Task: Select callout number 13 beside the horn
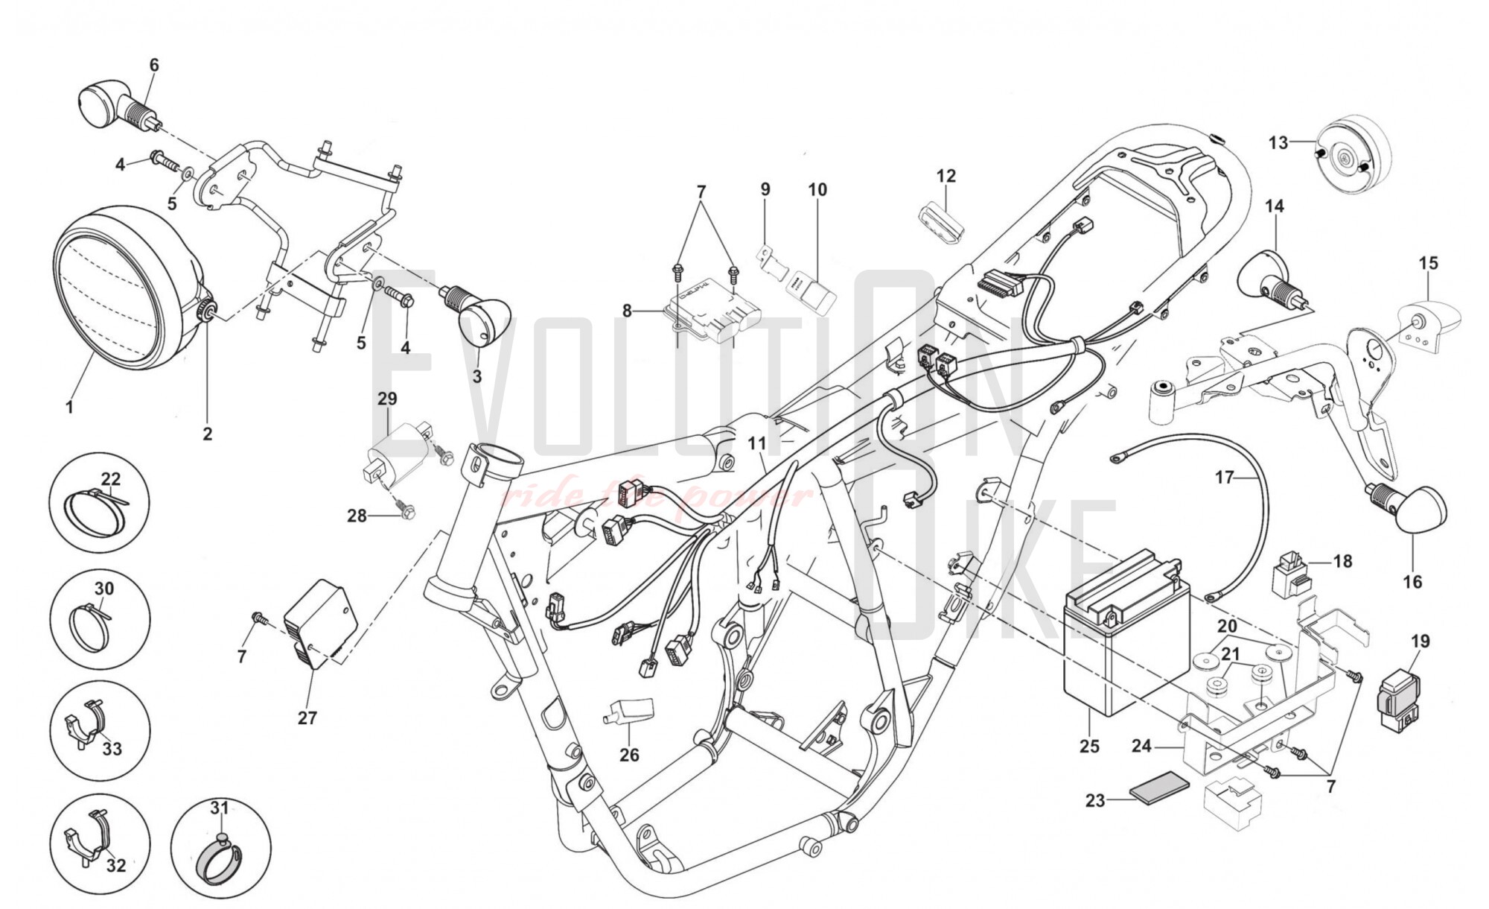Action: (1278, 142)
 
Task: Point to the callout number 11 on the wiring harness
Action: (757, 444)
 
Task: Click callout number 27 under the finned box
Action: (307, 718)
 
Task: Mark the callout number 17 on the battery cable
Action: (1225, 477)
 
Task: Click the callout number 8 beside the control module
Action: (627, 310)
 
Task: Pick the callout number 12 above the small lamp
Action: (946, 177)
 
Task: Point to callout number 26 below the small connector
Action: (629, 755)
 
